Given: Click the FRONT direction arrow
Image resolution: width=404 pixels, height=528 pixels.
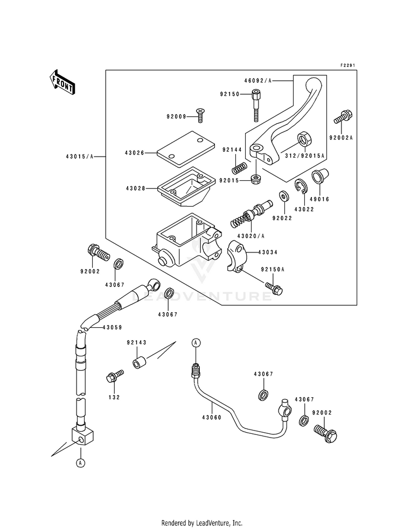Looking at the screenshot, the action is point(62,82).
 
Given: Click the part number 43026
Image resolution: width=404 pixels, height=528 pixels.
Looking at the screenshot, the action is point(135,153).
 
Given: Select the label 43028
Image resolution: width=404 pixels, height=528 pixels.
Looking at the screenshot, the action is point(135,188).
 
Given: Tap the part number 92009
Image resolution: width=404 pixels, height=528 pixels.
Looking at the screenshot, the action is point(176,117).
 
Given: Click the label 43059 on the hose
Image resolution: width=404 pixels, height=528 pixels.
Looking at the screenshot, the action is point(112,327).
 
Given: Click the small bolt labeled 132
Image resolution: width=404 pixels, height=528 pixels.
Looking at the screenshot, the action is point(115,376).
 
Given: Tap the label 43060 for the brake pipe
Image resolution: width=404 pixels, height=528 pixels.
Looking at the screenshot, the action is point(212,418).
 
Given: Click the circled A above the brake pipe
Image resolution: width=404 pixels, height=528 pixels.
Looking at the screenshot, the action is point(196,343).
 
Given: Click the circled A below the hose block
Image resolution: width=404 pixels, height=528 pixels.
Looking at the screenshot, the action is point(80,463).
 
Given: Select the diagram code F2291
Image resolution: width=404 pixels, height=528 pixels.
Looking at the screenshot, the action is point(348,65).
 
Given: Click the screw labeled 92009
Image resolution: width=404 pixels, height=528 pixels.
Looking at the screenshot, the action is point(201,115).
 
